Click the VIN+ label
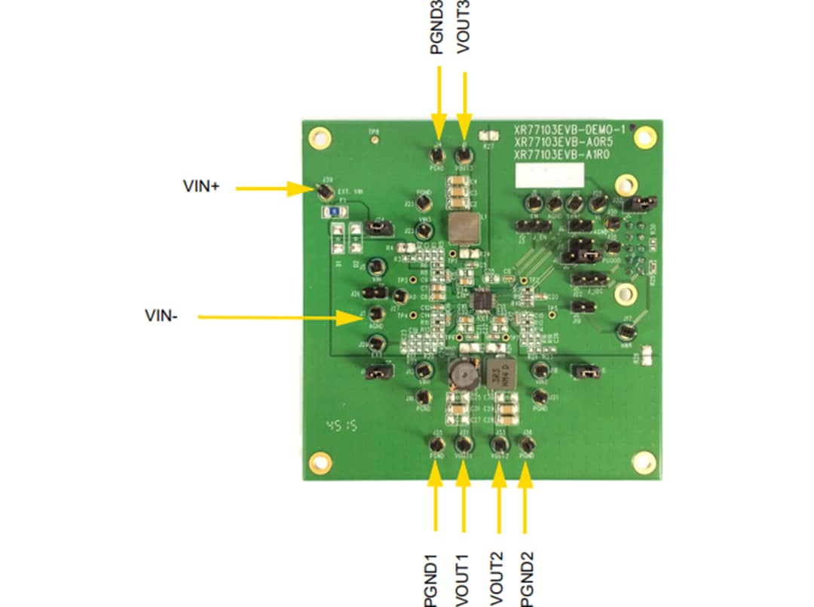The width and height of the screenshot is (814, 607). (x=201, y=186)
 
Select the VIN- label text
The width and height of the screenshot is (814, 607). (x=161, y=316)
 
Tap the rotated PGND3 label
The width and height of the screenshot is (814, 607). (x=436, y=27)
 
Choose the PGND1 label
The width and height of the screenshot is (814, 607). (x=431, y=579)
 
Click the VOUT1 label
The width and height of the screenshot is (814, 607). (x=463, y=579)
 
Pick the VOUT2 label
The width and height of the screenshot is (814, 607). (x=496, y=579)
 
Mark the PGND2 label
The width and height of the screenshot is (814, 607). (x=527, y=579)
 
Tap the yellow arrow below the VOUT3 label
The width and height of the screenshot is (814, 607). (x=464, y=106)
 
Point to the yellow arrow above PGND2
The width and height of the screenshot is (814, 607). (x=525, y=504)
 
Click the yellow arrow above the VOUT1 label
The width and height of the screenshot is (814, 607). (x=463, y=504)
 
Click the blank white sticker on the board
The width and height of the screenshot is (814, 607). (x=549, y=176)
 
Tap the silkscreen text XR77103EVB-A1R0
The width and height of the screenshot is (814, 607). (x=561, y=154)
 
